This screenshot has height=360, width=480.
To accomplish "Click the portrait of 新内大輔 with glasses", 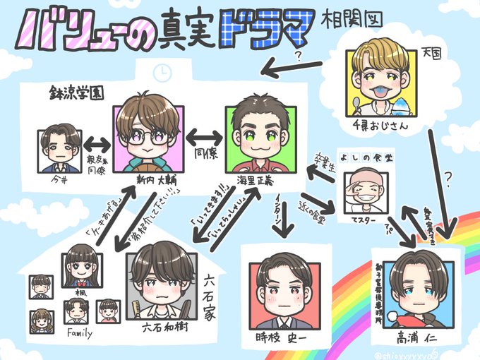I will (x=149, y=137).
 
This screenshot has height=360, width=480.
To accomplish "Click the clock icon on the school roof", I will (x=162, y=72).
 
